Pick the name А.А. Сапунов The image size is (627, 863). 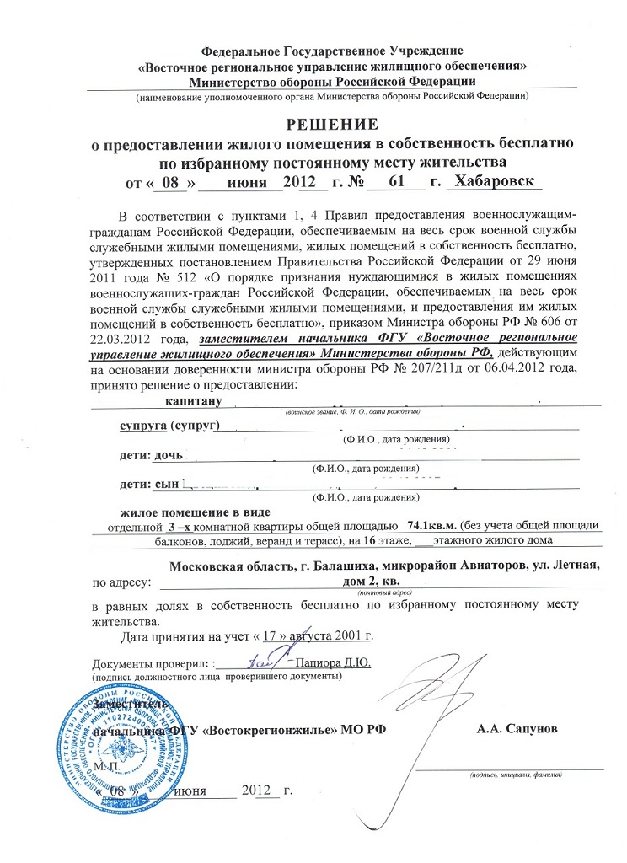coord(515,727)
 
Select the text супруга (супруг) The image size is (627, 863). coord(169,426)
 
